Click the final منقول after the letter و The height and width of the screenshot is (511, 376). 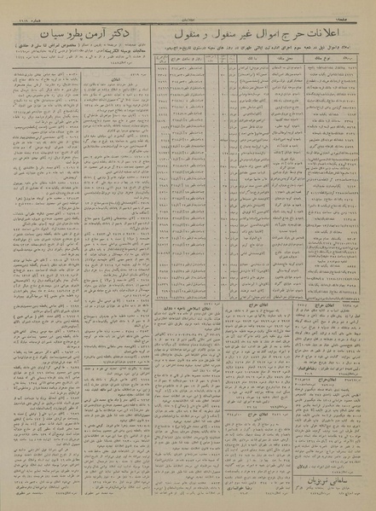coord(187,36)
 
